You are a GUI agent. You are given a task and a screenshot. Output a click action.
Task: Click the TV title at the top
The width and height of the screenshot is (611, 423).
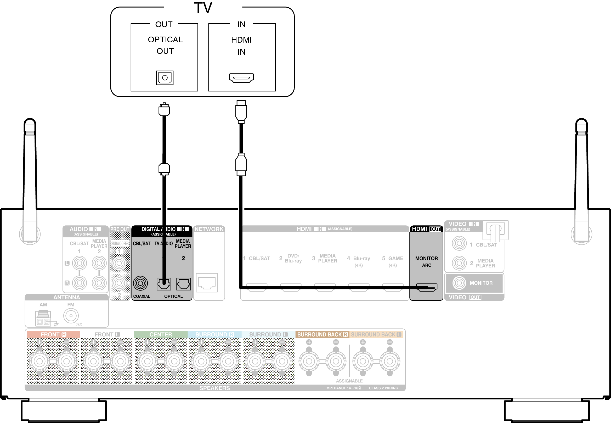203,8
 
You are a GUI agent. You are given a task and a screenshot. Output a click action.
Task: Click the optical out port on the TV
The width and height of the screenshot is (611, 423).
165,78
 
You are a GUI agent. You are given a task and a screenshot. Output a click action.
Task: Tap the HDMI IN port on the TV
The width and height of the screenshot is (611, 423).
241,78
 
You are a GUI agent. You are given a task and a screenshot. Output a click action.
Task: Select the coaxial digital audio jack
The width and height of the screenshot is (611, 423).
140,283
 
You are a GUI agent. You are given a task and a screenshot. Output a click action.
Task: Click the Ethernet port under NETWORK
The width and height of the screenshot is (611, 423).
207,283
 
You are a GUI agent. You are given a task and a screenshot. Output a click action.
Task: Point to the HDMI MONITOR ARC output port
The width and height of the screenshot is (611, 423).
426,287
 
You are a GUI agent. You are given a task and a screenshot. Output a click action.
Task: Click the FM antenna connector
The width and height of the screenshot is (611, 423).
71,316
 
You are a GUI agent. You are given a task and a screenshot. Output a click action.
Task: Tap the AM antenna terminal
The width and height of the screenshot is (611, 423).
43,318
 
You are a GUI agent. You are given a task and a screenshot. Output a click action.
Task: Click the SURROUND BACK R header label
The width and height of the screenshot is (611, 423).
322,334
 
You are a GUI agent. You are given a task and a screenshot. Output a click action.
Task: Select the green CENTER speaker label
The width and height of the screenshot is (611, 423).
161,334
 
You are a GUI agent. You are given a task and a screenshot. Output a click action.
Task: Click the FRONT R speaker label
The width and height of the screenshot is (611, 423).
53,334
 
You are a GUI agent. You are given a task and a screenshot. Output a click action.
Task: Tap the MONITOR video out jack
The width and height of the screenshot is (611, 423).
459,283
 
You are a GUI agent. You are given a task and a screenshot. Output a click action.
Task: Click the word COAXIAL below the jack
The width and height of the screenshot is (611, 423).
142,296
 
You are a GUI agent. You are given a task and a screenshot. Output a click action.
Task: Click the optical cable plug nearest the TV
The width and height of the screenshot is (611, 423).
164,110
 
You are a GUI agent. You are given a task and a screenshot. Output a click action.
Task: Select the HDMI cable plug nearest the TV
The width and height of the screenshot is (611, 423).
241,111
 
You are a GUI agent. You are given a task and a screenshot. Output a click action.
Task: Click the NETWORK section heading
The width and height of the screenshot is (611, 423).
209,229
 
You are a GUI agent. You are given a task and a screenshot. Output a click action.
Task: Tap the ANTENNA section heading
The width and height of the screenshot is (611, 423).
66,297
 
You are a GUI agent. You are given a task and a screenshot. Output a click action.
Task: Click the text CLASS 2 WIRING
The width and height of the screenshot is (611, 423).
383,388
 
